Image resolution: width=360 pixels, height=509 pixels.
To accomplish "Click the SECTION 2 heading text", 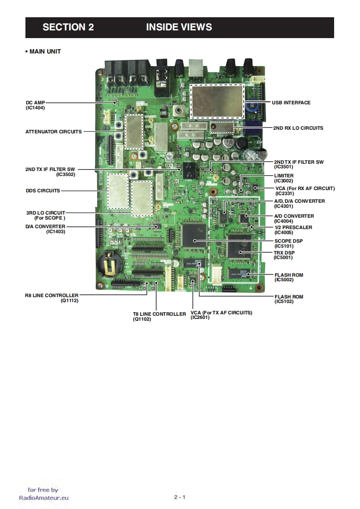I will pos(68,27).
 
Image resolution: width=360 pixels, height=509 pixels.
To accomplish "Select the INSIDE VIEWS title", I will pos(179,27).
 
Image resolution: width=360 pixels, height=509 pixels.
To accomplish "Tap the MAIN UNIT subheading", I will pos(44,52).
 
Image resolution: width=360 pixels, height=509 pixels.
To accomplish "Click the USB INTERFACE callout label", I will pos(291,103).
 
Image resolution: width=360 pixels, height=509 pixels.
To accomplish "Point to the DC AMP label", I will pos(35,103).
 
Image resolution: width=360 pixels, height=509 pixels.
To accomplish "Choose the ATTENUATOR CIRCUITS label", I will pos(54,132).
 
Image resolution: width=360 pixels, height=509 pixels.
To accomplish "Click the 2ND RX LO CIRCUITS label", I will pos(298,128).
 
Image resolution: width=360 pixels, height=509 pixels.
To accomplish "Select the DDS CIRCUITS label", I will pos(43,191).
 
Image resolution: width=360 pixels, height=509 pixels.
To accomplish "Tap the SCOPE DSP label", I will pos(288,241).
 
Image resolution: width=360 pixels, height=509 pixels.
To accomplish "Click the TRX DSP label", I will pos(285,253).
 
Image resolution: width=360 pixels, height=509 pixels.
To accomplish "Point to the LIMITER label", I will pos(284,176).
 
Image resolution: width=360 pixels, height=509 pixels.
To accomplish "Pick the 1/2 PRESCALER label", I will pos(293,227).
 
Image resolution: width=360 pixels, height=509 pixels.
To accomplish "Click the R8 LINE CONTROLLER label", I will pos(51,295).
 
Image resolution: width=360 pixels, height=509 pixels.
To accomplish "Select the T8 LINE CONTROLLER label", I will pos(159,314).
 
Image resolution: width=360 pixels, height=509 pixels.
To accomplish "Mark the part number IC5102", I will pos(284,302).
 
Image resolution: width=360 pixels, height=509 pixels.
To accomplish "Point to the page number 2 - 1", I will pos(180,497).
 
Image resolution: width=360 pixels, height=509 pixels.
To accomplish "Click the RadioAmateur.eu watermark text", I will pos(44,497).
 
